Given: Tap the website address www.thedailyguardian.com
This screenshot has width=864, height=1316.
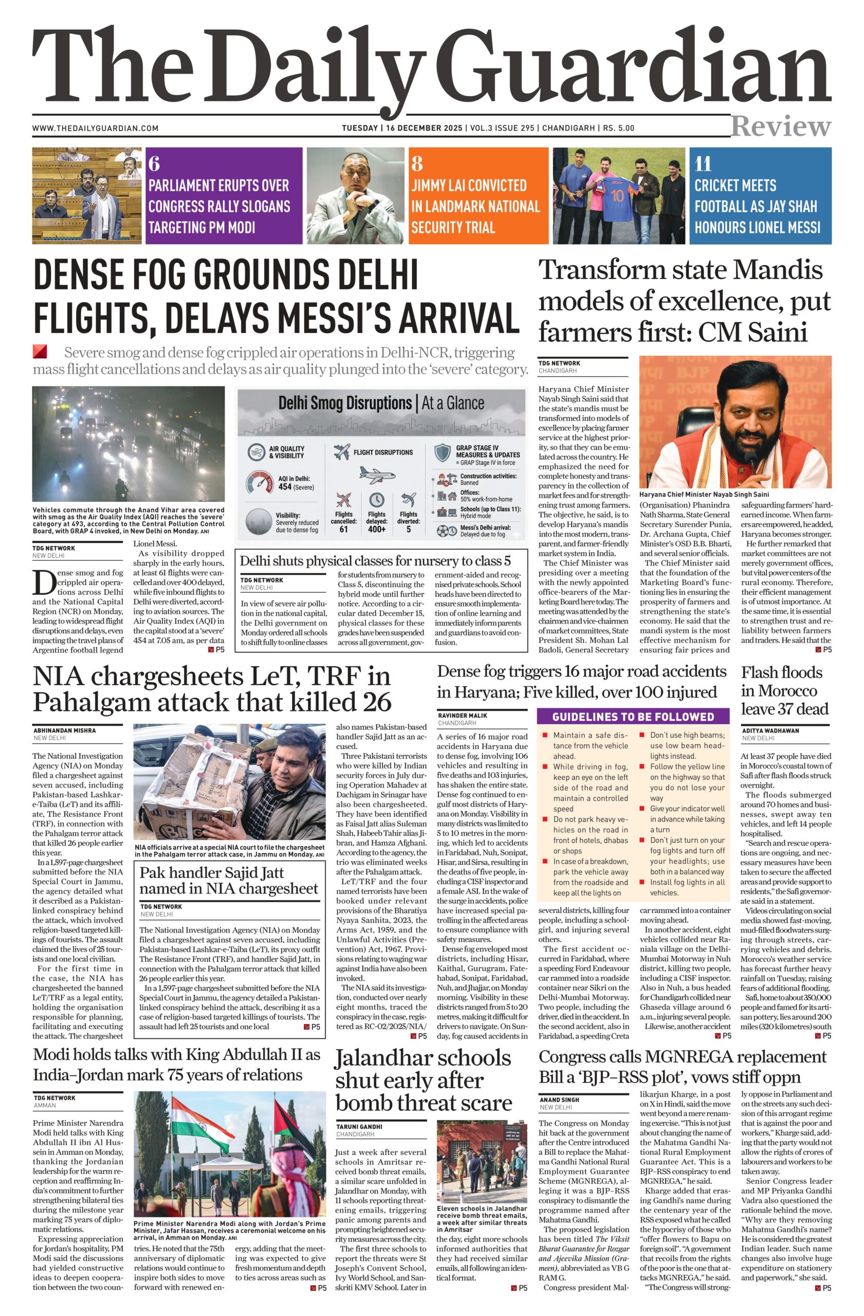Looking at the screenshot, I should [95, 129].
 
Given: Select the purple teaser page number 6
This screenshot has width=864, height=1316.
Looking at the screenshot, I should [154, 163].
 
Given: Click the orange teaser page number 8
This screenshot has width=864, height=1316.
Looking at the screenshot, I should [417, 163].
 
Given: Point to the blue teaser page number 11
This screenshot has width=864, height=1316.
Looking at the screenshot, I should [703, 163].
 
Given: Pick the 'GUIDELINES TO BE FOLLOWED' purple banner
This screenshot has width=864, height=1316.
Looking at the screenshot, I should [633, 717].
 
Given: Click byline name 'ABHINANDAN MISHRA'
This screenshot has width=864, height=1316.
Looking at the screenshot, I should [64, 730].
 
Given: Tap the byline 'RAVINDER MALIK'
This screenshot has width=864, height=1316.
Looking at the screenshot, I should [463, 716].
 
